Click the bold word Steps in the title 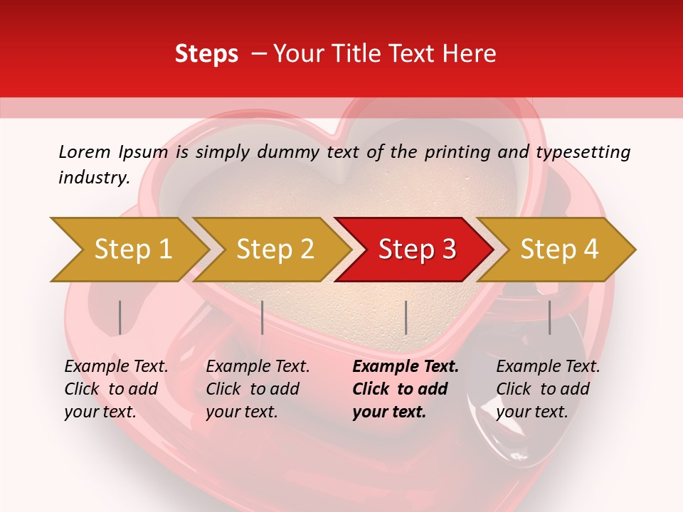(206, 54)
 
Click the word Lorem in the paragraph (85, 151)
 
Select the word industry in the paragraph (93, 178)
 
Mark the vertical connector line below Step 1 (120, 317)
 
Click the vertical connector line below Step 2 (263, 317)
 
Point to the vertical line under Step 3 (406, 317)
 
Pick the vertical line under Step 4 (549, 317)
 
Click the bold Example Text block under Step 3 (406, 389)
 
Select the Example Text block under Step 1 (116, 389)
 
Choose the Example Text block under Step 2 (258, 389)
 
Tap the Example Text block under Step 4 (548, 389)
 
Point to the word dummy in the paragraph (291, 151)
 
